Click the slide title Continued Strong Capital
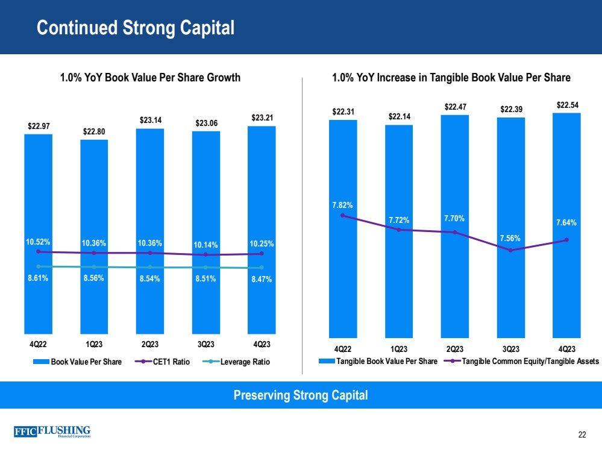(x=135, y=28)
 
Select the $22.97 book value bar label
(x=39, y=124)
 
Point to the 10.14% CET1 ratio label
(x=205, y=245)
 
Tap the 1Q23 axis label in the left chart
(x=94, y=345)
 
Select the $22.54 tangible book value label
(x=566, y=105)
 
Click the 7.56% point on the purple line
(x=510, y=250)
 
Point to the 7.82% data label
(x=343, y=205)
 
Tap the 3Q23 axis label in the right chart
(x=510, y=349)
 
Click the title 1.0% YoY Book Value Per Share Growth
(x=150, y=78)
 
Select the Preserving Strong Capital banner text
(x=300, y=395)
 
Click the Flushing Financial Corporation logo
(x=52, y=432)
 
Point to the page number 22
(x=582, y=435)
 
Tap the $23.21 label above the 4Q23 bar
(x=262, y=118)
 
